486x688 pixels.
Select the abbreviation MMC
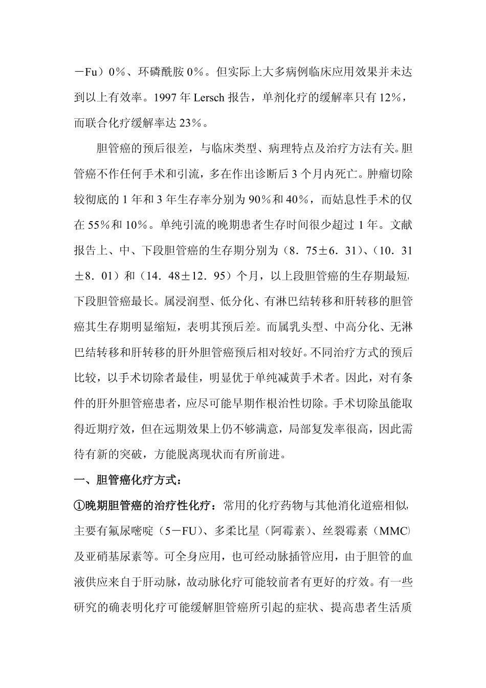[x=392, y=531]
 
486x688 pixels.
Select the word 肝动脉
[x=160, y=583]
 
